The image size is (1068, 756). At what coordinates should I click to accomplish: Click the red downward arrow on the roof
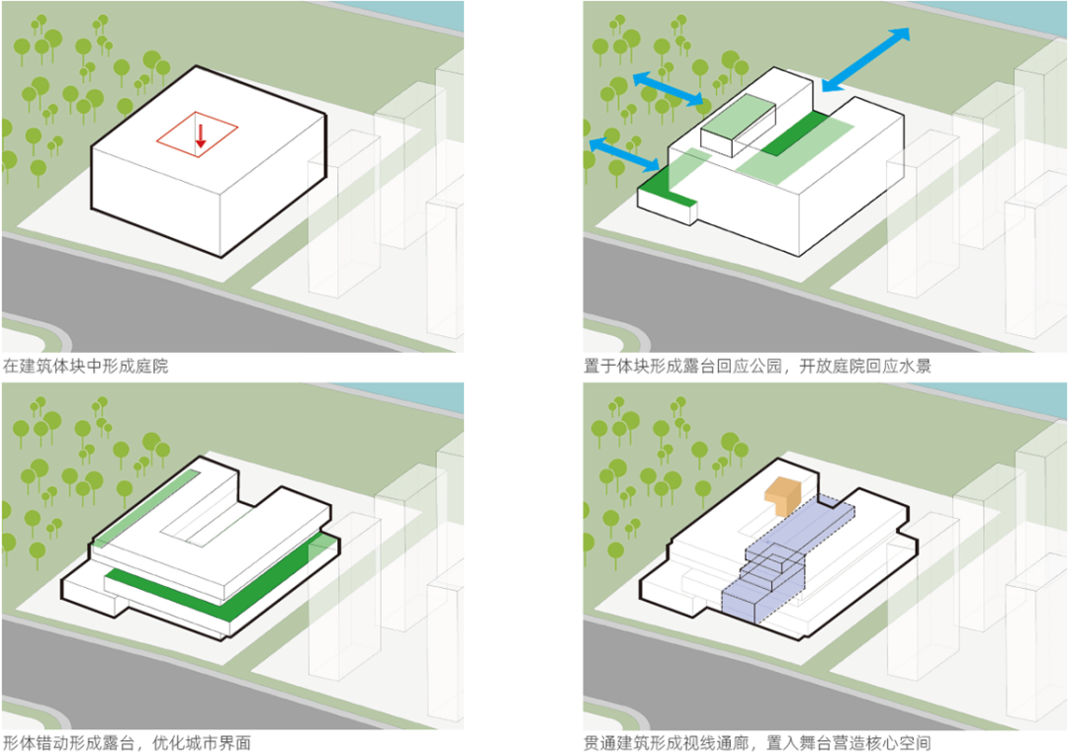pyautogui.click(x=200, y=136)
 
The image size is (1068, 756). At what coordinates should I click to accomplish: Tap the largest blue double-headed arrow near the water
pyautogui.click(x=866, y=60)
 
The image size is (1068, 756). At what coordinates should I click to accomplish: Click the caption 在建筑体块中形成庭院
pyautogui.click(x=86, y=366)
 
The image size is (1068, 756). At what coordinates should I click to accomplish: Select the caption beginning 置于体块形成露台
pyautogui.click(x=757, y=366)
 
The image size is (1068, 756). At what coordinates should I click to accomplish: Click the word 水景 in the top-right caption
pyautogui.click(x=916, y=366)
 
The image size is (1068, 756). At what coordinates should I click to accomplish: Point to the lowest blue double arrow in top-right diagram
pyautogui.click(x=624, y=155)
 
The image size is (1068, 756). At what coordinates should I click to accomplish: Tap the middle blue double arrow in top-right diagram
pyautogui.click(x=667, y=90)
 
